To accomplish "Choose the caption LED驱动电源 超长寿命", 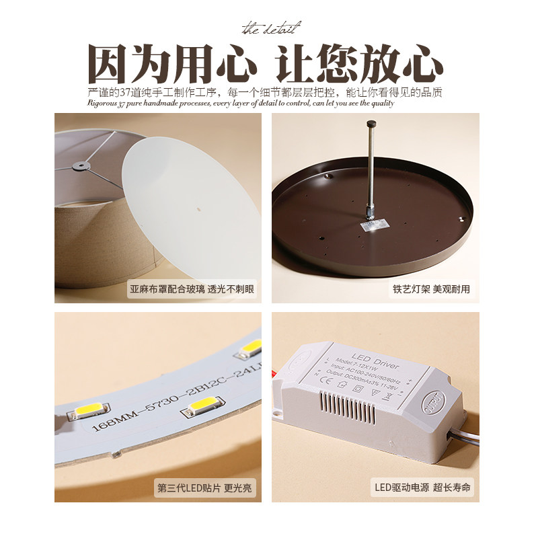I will pyautogui.click(x=422, y=489).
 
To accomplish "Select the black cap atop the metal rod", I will pyautogui.click(x=370, y=125).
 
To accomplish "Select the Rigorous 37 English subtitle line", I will pyautogui.click(x=240, y=104).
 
